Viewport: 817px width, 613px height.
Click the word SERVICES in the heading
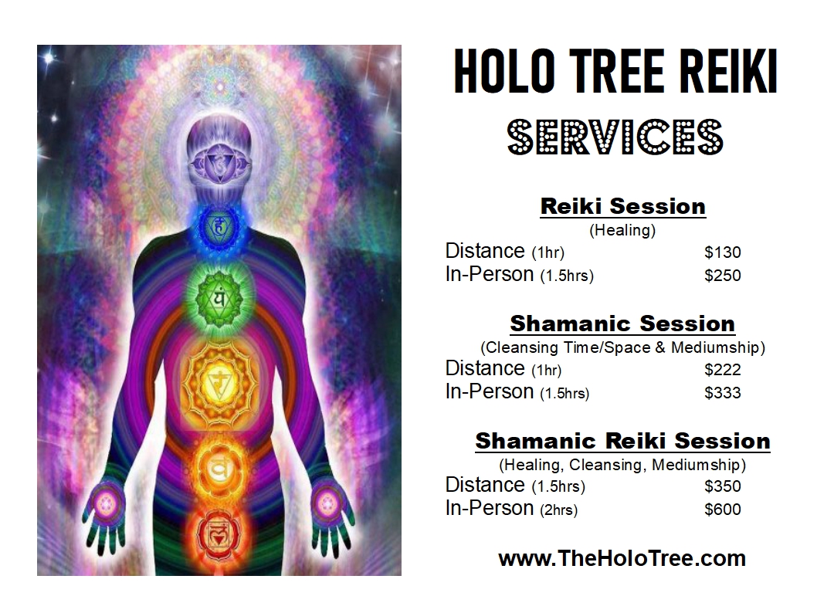(615, 137)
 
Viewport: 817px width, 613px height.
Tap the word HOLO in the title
(501, 72)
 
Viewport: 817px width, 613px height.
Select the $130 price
(722, 252)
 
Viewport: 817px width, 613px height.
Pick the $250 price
(722, 276)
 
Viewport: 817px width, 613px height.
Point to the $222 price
(722, 370)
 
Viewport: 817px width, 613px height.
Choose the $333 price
(722, 393)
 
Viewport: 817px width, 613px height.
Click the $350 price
(722, 486)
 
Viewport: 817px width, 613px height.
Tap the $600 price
(722, 510)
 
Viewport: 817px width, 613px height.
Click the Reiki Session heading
(622, 207)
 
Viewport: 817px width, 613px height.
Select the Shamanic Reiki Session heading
(622, 442)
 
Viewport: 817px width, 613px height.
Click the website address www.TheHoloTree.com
(622, 558)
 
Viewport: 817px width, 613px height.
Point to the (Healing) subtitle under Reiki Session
(622, 230)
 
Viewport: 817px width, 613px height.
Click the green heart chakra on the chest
(219, 296)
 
